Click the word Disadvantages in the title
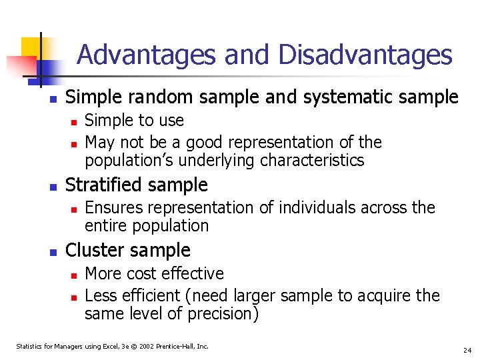click(x=365, y=55)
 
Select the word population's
click(x=127, y=161)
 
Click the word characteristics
click(x=312, y=161)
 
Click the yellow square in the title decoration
click(x=32, y=47)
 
